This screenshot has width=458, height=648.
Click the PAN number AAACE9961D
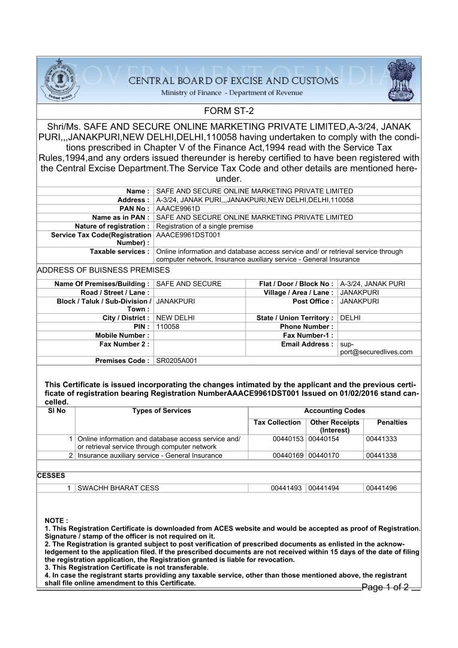point(177,208)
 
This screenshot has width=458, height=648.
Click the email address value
point(376,348)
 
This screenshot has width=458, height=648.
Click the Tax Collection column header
point(277,422)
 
